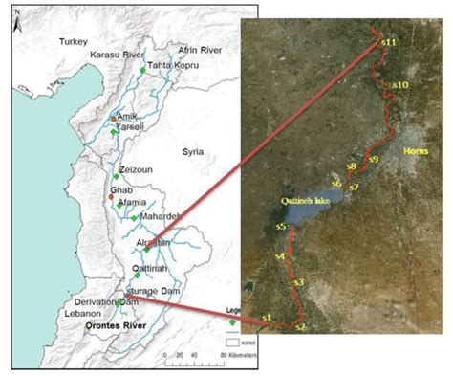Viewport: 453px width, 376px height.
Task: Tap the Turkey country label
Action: [x=73, y=43]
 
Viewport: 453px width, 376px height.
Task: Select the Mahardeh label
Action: [x=161, y=217]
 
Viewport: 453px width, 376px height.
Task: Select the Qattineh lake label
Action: [x=305, y=200]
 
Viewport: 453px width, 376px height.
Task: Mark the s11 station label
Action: [x=387, y=44]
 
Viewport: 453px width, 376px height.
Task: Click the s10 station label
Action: [x=401, y=85]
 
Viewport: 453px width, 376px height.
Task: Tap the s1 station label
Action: [x=267, y=316]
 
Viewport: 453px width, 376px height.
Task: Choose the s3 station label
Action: [x=298, y=282]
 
